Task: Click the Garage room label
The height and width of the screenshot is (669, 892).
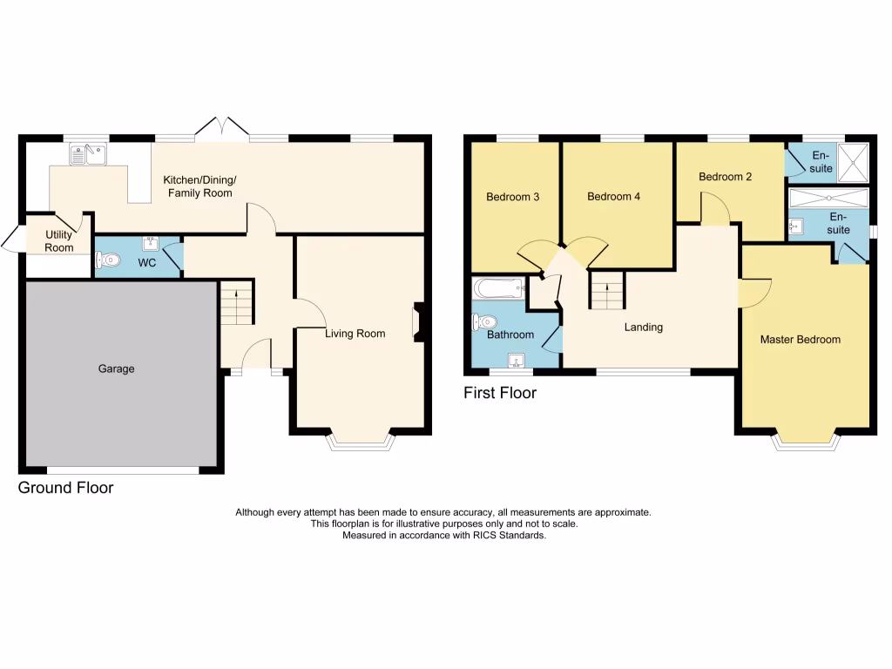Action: pyautogui.click(x=116, y=368)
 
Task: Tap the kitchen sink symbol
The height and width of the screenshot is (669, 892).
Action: pyautogui.click(x=88, y=156)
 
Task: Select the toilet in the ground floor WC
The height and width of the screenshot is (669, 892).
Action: pyautogui.click(x=106, y=259)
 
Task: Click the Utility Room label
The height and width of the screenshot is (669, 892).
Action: pyautogui.click(x=59, y=241)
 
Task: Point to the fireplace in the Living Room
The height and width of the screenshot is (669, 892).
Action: pyautogui.click(x=418, y=319)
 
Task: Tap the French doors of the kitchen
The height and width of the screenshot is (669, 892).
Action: pyautogui.click(x=221, y=129)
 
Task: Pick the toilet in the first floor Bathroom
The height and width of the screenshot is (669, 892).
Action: pyautogui.click(x=482, y=322)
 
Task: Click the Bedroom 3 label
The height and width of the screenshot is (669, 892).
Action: pyautogui.click(x=512, y=197)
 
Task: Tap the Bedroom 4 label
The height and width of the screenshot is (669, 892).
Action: pyautogui.click(x=613, y=197)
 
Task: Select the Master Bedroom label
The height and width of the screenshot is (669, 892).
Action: pyautogui.click(x=800, y=339)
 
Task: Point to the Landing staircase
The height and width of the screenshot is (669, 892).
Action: pyautogui.click(x=607, y=290)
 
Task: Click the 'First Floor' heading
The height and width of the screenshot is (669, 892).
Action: pyautogui.click(x=499, y=393)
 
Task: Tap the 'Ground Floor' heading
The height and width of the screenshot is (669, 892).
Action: pyautogui.click(x=65, y=488)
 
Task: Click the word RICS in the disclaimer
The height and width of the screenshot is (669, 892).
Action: pyautogui.click(x=477, y=536)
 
